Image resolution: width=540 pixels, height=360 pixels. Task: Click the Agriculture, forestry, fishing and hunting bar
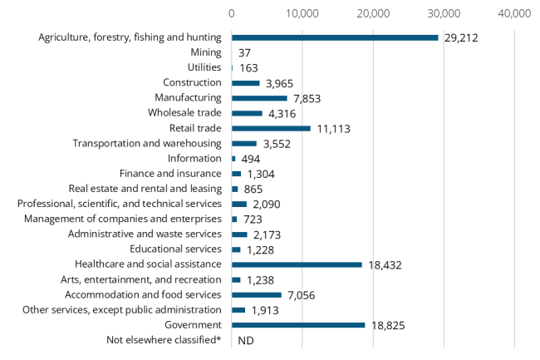(335, 37)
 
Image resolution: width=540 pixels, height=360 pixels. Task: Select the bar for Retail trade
(271, 128)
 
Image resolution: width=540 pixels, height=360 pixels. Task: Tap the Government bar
(298, 325)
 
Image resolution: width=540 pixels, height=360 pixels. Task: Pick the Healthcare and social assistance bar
(297, 264)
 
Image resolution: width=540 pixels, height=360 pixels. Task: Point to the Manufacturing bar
(259, 98)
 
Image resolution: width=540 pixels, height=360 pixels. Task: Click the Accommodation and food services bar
(257, 294)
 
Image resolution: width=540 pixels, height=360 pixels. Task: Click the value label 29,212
(462, 38)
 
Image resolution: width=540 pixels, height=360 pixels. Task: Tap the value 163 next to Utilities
(249, 68)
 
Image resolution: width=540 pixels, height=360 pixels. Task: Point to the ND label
(245, 341)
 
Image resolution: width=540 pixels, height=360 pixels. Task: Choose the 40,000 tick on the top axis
(514, 13)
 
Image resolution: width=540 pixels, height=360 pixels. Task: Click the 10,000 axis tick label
(302, 13)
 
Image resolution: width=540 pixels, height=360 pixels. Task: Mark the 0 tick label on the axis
(232, 13)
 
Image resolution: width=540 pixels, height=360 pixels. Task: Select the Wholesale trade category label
(184, 113)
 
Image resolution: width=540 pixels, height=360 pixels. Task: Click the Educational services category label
(176, 249)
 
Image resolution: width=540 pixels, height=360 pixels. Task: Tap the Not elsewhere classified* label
(164, 340)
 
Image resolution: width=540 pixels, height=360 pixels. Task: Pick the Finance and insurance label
(170, 173)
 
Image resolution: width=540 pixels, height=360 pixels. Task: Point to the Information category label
(194, 158)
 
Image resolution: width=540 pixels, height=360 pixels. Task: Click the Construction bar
(246, 83)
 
